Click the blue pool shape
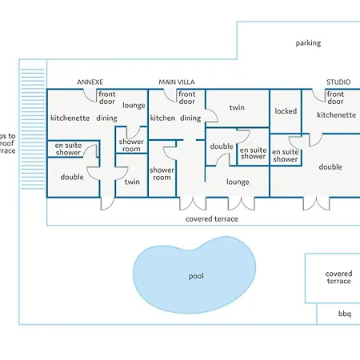194,274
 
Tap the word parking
308,43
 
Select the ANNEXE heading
90,82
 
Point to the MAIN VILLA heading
177,82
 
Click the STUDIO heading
338,82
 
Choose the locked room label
286,111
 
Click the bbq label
345,314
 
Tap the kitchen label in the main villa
162,118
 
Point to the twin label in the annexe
132,182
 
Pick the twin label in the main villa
237,107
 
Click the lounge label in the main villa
238,182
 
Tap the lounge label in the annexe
134,106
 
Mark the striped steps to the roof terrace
33,129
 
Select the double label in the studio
330,167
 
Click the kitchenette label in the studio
336,115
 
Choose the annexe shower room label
131,145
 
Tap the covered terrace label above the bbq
338,278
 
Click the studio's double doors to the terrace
316,203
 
